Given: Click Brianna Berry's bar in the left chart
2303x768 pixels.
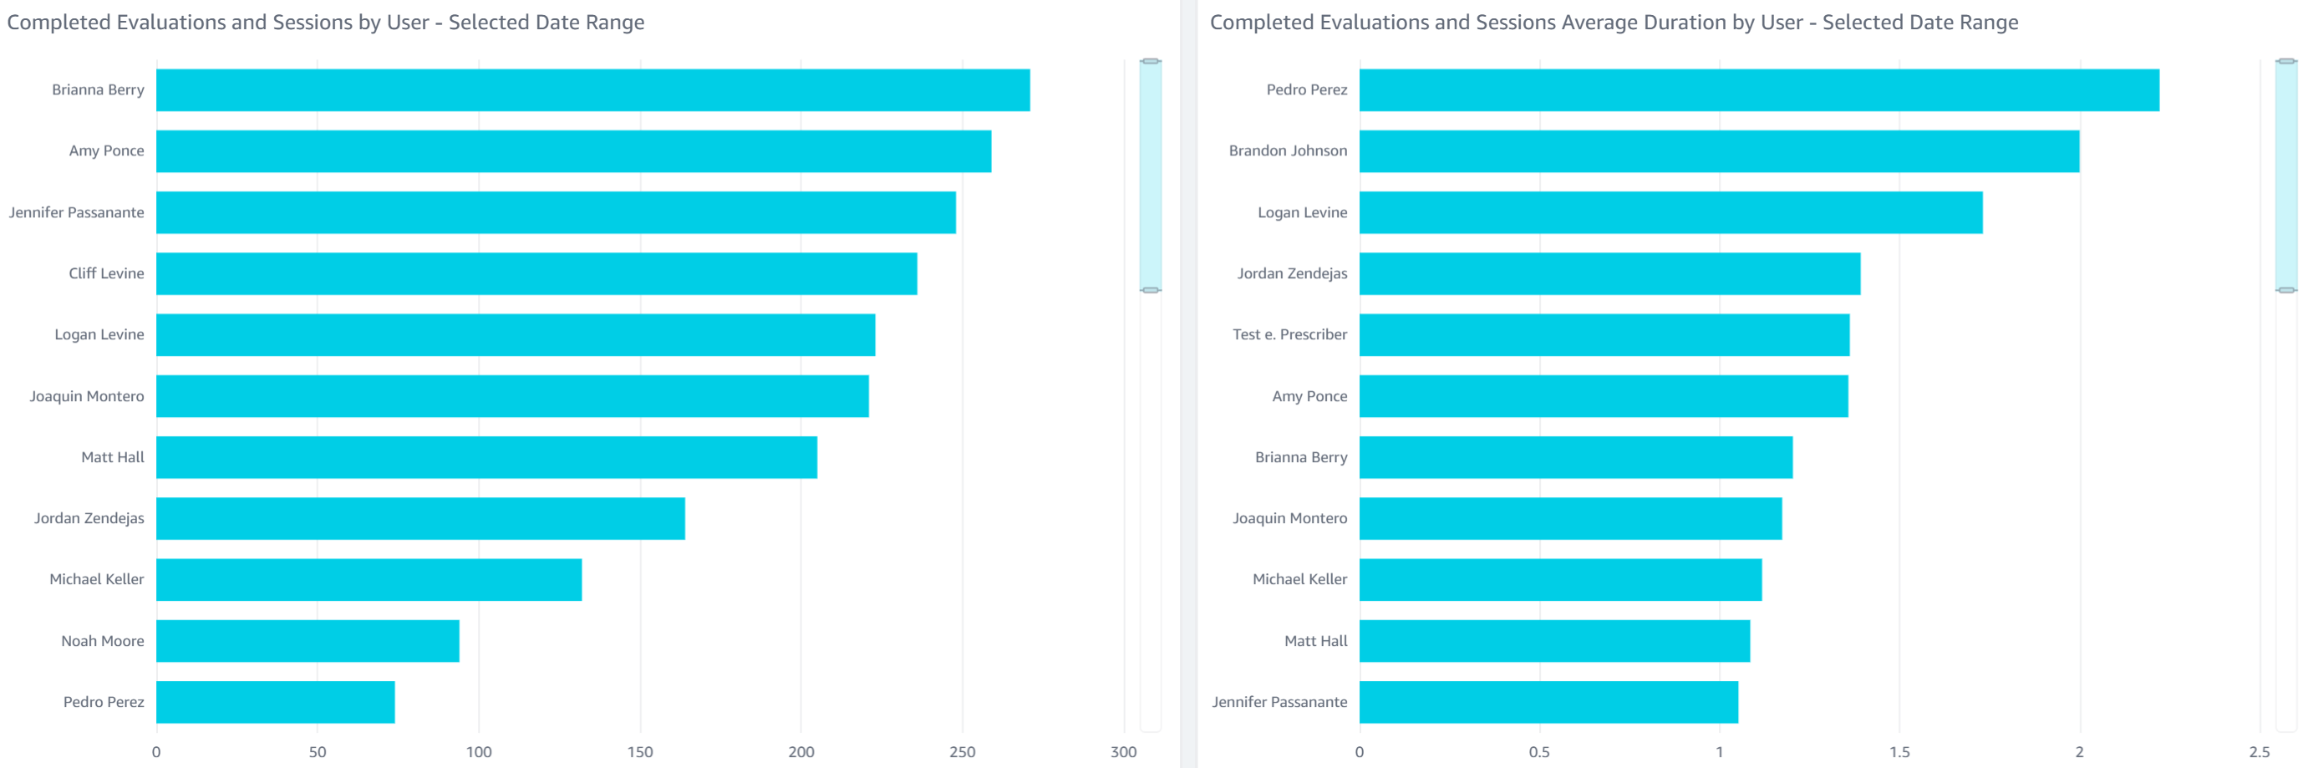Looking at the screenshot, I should [592, 90].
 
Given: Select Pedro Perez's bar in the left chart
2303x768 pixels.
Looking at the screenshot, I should [276, 702].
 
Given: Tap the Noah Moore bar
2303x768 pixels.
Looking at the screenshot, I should [308, 641].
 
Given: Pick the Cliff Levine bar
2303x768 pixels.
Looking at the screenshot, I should [536, 273].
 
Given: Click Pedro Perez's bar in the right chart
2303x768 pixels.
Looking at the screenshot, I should [1758, 90].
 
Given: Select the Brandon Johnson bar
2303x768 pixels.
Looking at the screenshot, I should [1718, 151].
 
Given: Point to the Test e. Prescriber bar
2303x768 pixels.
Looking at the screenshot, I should [1604, 334].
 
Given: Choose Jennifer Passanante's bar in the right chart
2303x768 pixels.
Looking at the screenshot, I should [1548, 702].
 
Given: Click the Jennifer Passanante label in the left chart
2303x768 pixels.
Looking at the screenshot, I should [77, 213].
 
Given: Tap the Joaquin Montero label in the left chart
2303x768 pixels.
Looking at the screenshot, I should [87, 396].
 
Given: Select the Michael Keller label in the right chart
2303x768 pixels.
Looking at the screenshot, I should [1299, 579].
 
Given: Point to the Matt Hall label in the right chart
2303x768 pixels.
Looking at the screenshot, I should [1315, 641].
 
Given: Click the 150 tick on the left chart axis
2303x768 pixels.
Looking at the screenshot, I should [640, 752].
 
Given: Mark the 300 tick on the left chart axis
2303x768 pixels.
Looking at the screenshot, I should [1123, 752].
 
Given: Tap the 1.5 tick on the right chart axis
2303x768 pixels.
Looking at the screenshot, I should [1899, 752].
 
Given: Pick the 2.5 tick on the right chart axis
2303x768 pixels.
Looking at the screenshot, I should [2259, 752].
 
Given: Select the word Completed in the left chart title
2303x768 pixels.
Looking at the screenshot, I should [59, 23].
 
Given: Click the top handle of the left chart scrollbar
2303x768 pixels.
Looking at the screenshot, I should [1151, 61].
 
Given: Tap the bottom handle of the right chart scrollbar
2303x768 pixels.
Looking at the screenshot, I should [2286, 290].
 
